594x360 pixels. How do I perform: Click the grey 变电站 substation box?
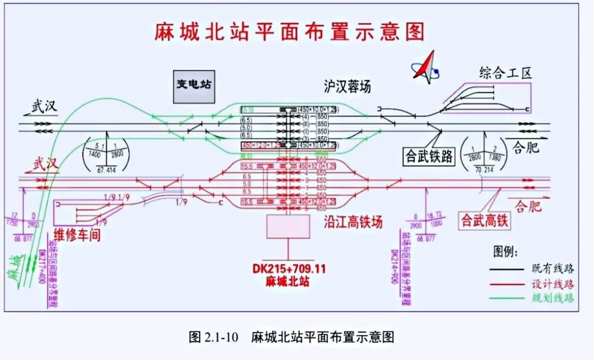194,87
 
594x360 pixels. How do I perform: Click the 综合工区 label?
505,73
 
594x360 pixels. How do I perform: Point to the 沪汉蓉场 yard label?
347,86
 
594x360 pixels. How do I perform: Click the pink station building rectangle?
284,226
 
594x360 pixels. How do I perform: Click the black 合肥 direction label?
525,148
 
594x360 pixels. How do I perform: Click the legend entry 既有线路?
553,269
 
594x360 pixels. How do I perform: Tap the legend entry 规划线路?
553,298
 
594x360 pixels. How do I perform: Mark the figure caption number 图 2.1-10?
213,337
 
